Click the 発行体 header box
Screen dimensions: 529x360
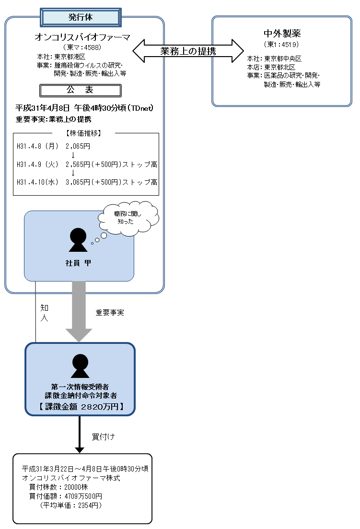click(x=80, y=17)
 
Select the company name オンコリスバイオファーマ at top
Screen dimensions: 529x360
click(x=83, y=37)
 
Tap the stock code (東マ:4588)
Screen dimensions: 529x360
click(x=82, y=47)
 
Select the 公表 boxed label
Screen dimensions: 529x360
click(x=80, y=90)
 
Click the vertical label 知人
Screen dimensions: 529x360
click(x=44, y=312)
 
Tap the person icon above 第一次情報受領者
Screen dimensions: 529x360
click(x=80, y=366)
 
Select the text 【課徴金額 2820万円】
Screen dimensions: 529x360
click(x=80, y=407)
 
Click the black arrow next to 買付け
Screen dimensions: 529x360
click(x=80, y=434)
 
